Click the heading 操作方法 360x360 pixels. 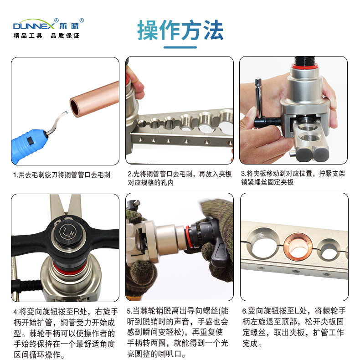coord(180,30)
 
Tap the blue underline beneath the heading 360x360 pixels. coord(180,47)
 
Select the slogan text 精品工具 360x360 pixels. coord(28,36)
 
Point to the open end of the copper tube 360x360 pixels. coord(75,107)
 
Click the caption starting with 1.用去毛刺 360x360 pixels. coord(62,175)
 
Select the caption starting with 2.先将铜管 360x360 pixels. coord(180,178)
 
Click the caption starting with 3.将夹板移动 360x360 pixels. coord(293,178)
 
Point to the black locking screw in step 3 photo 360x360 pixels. coord(267,121)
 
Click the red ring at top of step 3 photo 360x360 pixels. coord(305,67)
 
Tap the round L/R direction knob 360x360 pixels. coord(67,233)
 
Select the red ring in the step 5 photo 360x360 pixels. coord(189,237)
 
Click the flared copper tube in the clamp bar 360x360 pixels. coord(298,247)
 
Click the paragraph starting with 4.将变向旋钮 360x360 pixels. coord(65,333)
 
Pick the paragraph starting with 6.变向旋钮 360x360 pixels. coord(294,327)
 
